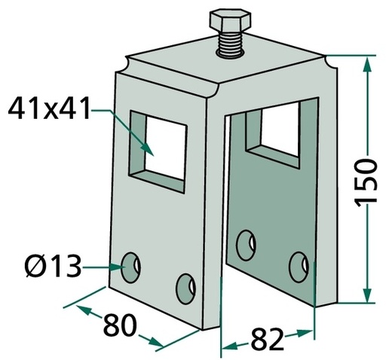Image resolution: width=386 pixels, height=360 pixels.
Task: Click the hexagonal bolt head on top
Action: tap(230, 22)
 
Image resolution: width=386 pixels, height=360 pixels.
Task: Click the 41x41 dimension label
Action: tap(49, 108)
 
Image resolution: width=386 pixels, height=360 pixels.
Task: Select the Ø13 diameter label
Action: tap(54, 265)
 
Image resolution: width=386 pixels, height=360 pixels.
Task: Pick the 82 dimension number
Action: tap(267, 339)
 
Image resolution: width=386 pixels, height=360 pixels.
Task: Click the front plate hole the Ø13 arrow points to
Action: tap(130, 267)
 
